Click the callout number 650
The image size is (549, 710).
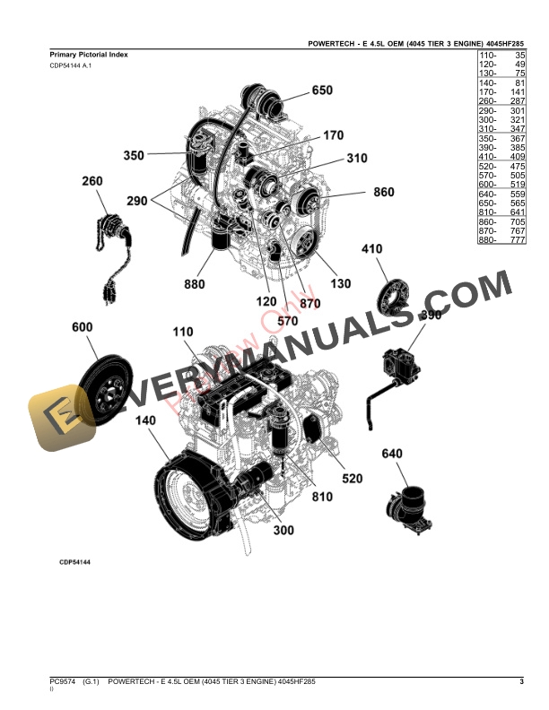(x=321, y=91)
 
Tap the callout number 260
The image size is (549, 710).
(x=91, y=181)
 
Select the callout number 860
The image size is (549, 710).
(x=382, y=192)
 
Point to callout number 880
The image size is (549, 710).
(x=195, y=285)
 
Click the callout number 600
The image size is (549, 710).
(x=82, y=329)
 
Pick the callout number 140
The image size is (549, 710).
(x=144, y=420)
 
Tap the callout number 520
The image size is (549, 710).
(x=352, y=479)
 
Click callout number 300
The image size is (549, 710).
(x=283, y=531)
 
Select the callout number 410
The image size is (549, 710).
(x=371, y=248)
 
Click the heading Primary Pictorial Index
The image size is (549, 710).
(x=89, y=56)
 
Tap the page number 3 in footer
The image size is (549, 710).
(x=521, y=684)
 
